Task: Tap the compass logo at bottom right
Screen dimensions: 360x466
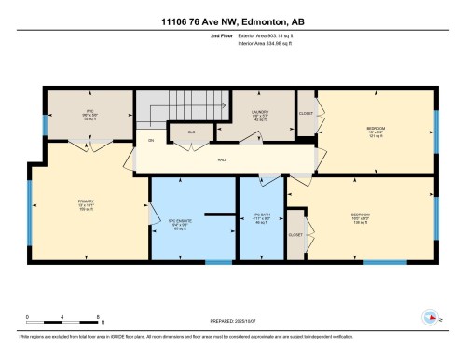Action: coord(429,315)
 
